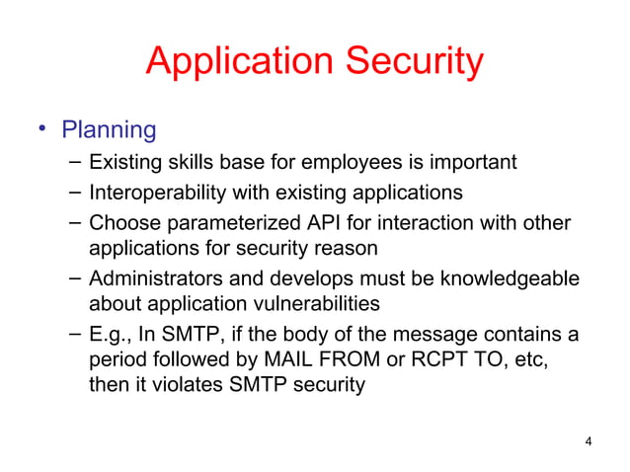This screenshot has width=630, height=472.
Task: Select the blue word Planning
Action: coord(109,129)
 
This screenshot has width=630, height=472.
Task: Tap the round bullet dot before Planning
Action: coord(42,129)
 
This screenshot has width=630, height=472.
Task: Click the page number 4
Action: coord(589,440)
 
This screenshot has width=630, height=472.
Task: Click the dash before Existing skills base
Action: coord(76,162)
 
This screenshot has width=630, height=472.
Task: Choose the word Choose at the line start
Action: coord(121,221)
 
